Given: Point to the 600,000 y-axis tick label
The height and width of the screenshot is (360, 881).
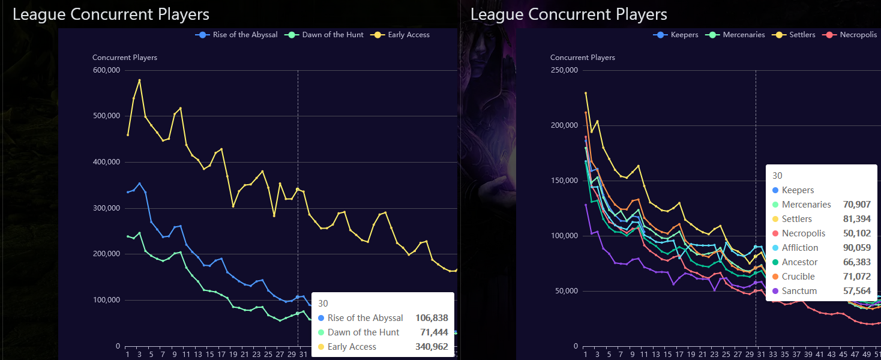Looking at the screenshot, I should point(106,70).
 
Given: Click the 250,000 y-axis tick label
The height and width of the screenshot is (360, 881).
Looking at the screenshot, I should point(564,70).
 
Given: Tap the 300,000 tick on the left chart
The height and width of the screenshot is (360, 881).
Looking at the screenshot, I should point(106,208).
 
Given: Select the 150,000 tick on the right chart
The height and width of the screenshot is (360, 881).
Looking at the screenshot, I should point(564,181).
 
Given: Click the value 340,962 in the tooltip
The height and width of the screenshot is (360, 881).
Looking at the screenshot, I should point(431,347).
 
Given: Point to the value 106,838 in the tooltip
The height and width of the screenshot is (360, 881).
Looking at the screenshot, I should point(431,318).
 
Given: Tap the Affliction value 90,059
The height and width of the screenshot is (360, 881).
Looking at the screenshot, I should point(858,248).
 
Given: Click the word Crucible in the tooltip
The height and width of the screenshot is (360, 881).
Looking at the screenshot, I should point(798,277).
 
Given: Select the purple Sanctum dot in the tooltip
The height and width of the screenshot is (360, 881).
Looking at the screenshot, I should point(775,291).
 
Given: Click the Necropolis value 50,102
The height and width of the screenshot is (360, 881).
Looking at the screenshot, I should point(858,233).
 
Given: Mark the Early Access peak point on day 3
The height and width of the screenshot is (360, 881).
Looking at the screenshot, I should point(139,80).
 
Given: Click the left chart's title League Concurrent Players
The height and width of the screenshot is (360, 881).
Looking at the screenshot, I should point(111,14).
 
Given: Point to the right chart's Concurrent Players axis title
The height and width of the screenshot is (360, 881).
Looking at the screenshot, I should point(582,58).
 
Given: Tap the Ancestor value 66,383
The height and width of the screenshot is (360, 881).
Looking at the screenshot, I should point(858,262).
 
